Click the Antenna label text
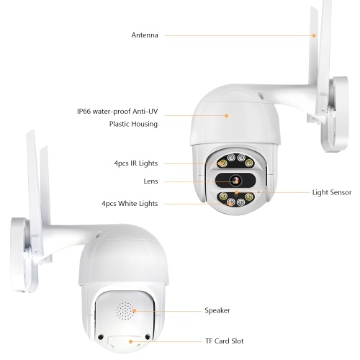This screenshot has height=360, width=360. (145, 35)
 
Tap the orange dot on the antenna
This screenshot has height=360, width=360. (314, 35)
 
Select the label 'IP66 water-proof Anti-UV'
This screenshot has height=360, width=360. (117, 112)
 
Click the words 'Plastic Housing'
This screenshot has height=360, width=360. (133, 124)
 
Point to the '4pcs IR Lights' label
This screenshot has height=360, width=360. (136, 163)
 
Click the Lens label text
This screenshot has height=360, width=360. (150, 181)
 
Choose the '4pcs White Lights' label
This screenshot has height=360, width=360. (130, 204)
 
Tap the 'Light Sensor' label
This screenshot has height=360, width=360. (332, 192)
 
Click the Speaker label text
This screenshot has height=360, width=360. (217, 310)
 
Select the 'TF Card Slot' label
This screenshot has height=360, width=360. (225, 341)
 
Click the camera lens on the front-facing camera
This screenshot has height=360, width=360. (235, 181)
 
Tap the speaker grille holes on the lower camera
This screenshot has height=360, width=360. (125, 311)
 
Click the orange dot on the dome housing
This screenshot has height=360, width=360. (226, 116)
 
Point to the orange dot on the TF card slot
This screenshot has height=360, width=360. (131, 341)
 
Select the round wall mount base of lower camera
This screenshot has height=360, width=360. (23, 255)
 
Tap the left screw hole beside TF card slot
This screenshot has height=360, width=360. (100, 337)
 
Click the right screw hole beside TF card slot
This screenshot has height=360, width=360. (148, 337)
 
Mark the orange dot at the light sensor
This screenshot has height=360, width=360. (237, 192)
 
